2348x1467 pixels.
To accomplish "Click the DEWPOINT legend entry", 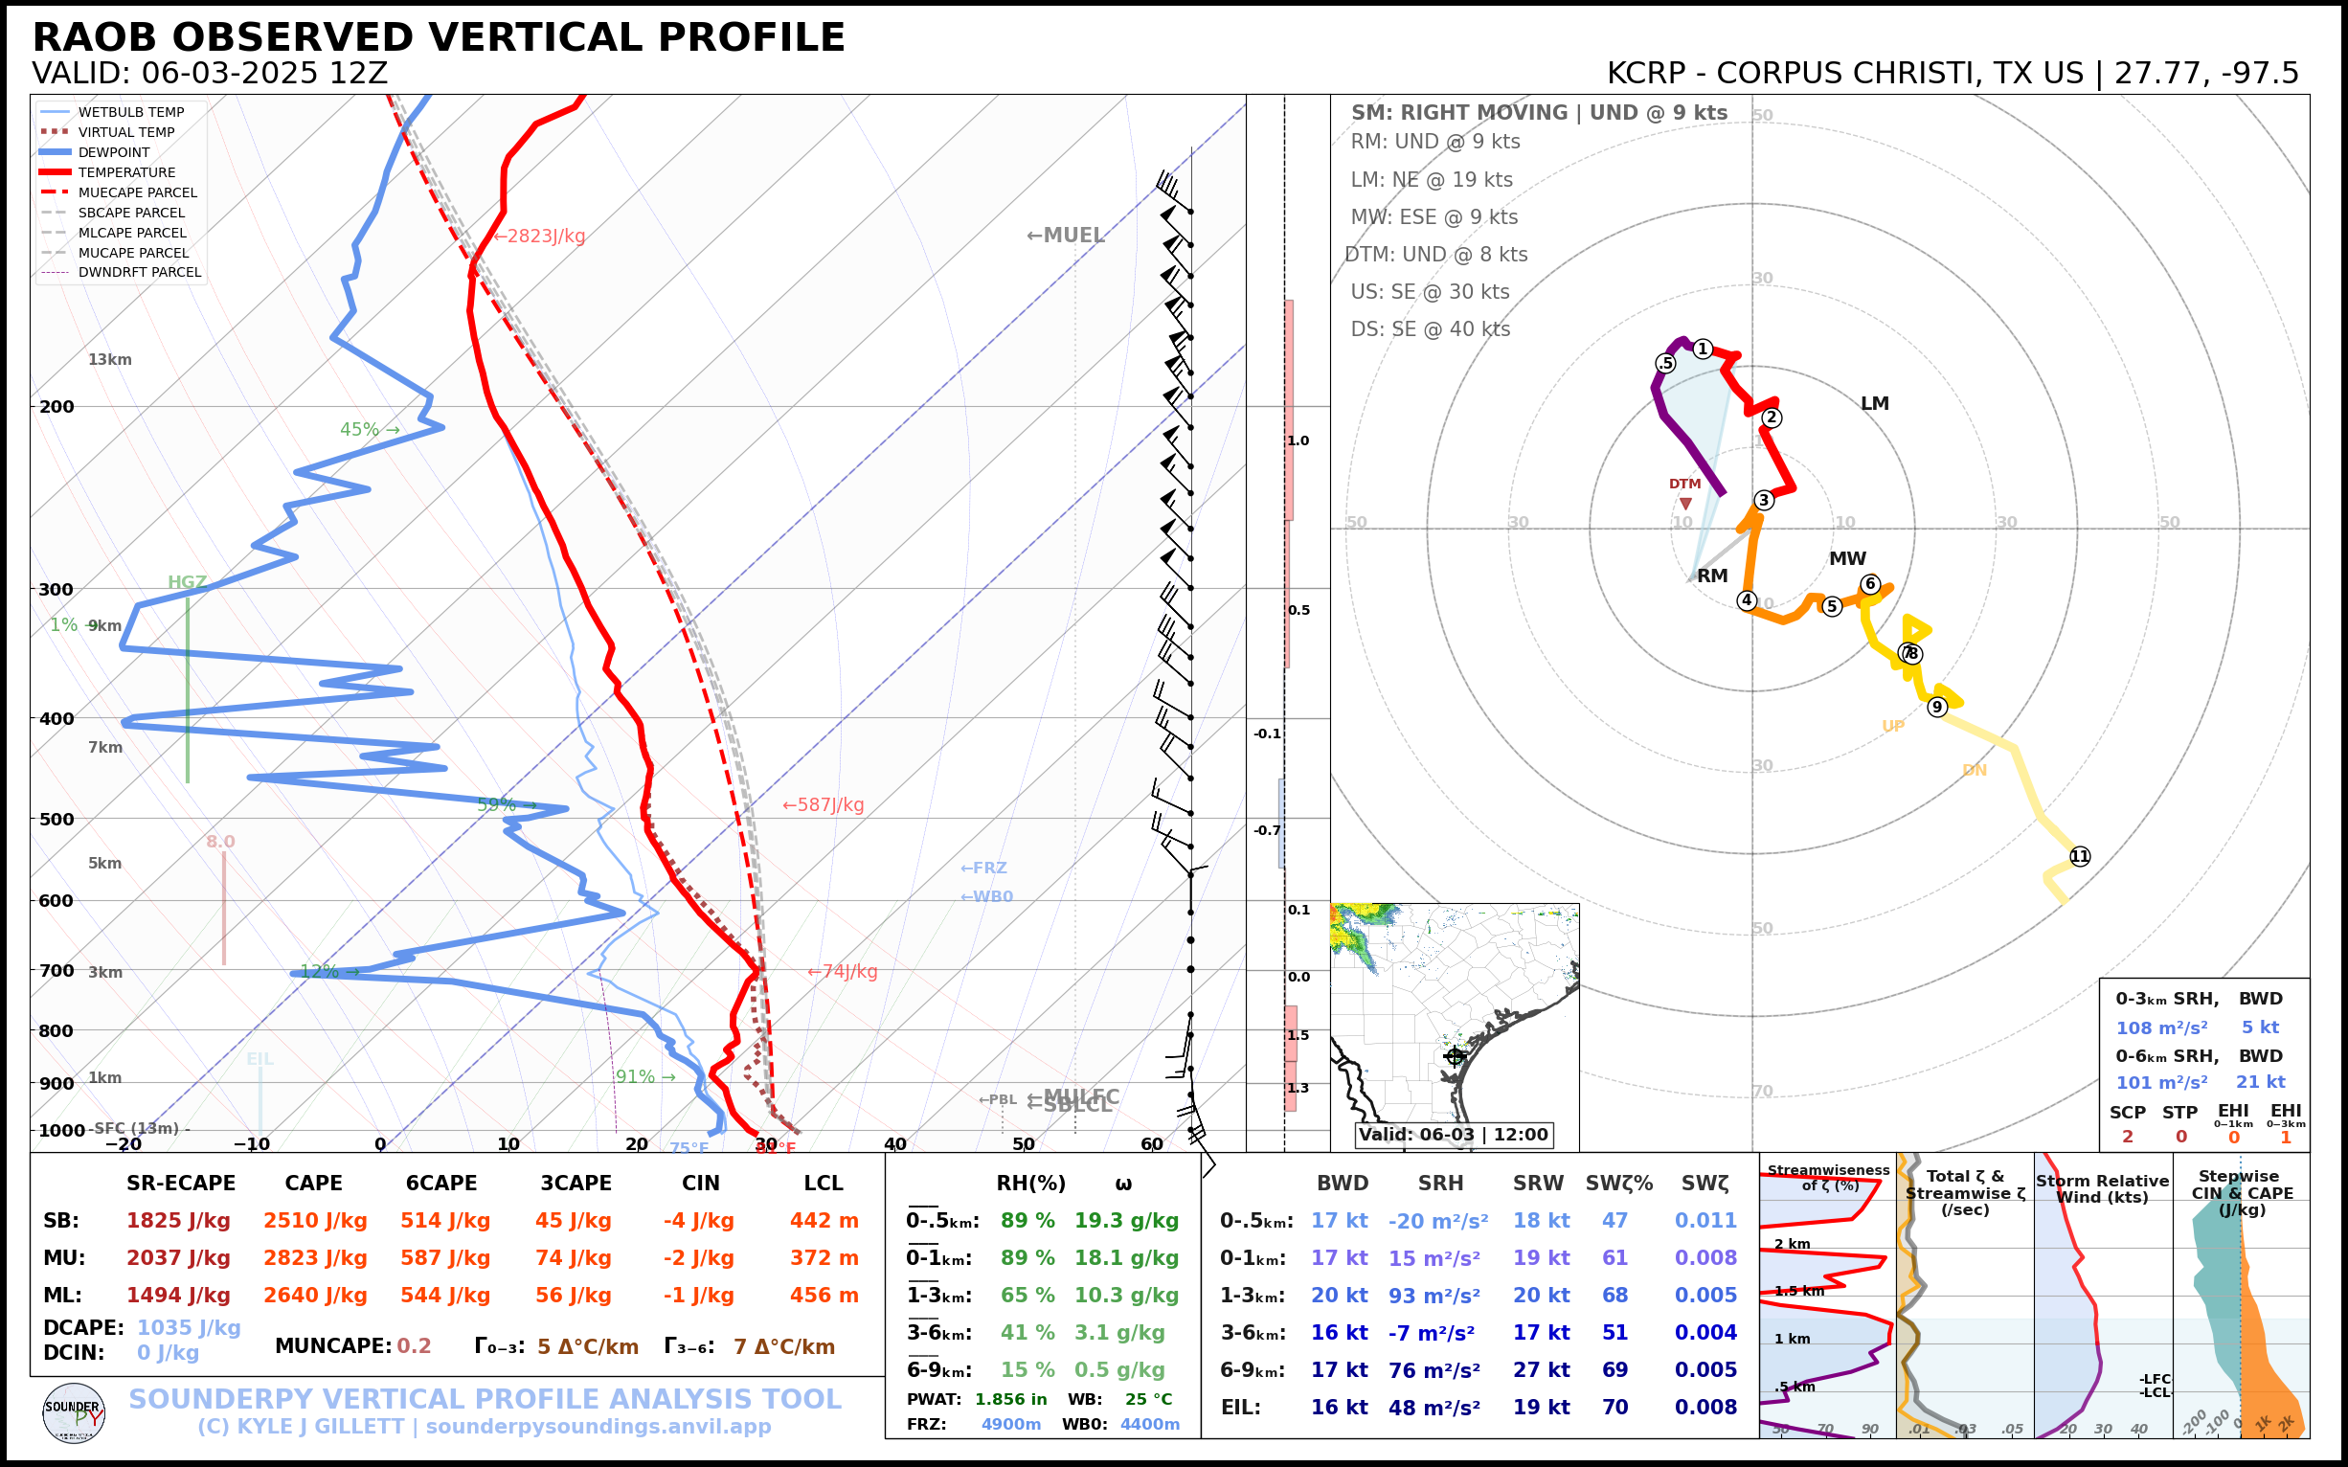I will tap(114, 152).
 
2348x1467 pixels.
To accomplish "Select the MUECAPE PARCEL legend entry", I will tap(137, 192).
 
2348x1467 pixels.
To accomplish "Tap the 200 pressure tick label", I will tap(56, 407).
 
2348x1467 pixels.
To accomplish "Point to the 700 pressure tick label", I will tap(56, 970).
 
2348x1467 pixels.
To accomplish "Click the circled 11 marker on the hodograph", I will tap(2079, 856).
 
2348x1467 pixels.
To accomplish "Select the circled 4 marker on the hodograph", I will tap(1747, 599).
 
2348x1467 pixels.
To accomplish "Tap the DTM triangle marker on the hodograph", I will tap(1685, 504).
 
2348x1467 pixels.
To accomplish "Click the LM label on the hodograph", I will tap(1875, 404).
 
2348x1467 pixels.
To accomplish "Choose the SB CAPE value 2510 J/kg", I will tap(314, 1221).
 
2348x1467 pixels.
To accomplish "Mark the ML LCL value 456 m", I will tap(824, 1296).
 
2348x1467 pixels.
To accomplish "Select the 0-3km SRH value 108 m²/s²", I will tap(2160, 1027).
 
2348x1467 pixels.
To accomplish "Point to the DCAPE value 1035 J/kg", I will tap(189, 1327).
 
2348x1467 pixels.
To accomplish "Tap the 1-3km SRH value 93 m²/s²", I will tap(1434, 1296).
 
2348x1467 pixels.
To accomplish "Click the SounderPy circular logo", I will tap(74, 1412).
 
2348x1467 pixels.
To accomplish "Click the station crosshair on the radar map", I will tap(1455, 1055).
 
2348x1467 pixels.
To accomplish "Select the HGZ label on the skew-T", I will tap(187, 582).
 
